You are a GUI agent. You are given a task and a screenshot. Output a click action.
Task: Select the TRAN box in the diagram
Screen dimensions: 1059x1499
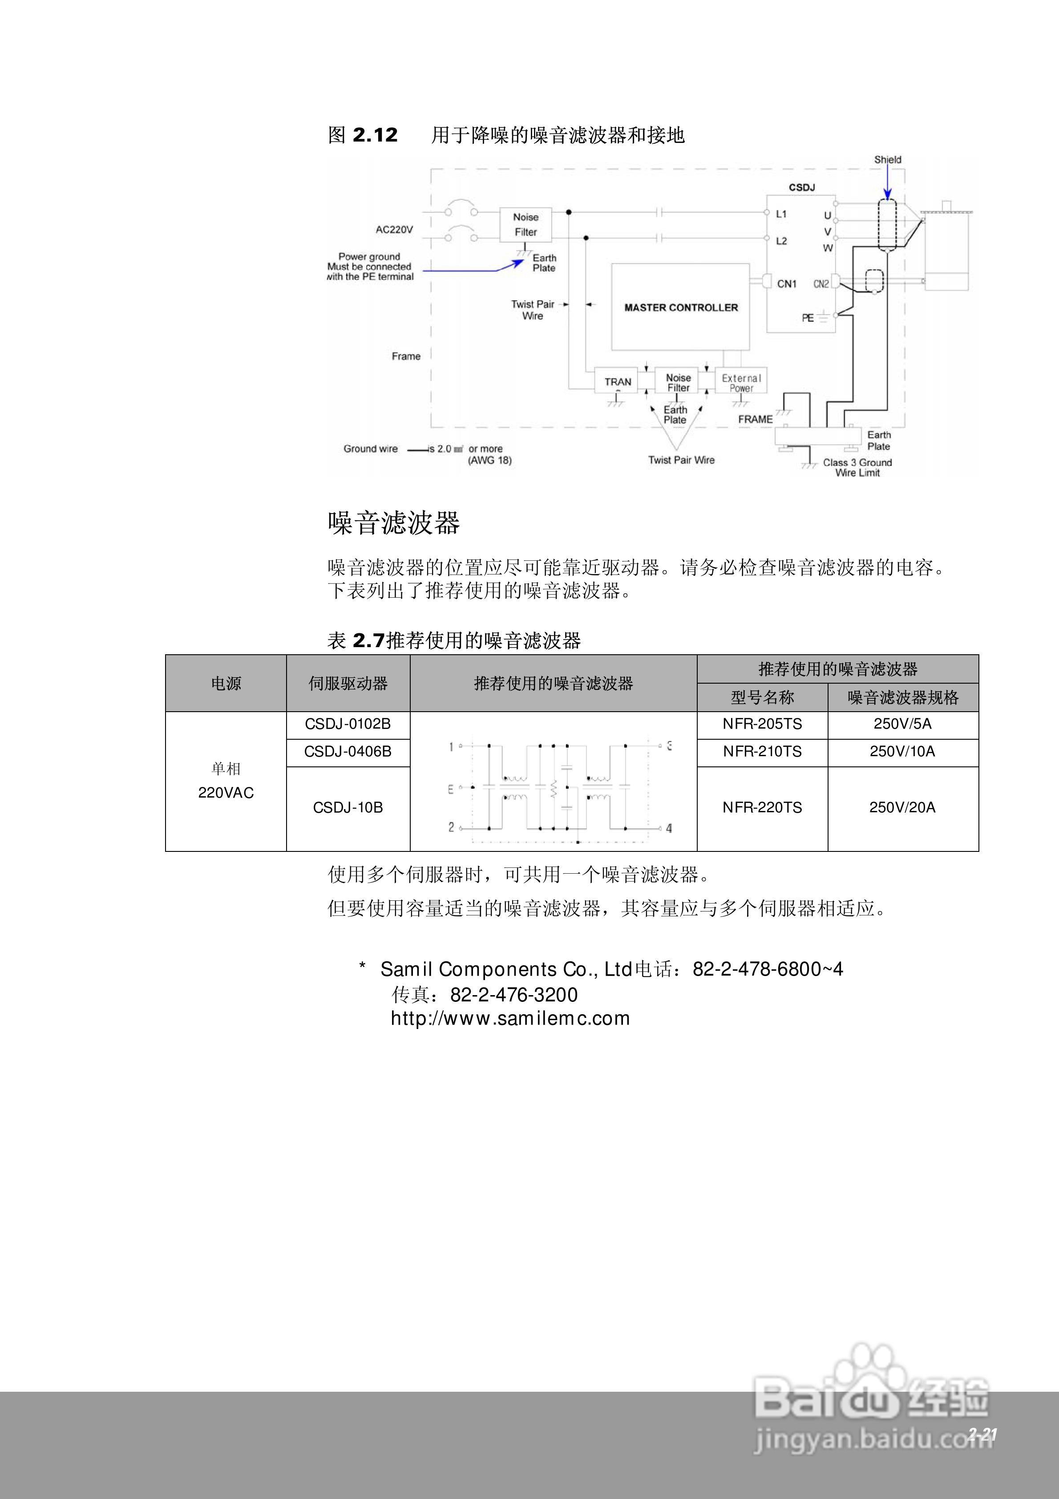[x=617, y=382]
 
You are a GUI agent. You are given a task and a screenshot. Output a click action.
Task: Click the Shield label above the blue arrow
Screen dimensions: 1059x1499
[x=887, y=159]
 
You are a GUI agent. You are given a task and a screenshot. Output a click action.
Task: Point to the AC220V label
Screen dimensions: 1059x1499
[x=394, y=230]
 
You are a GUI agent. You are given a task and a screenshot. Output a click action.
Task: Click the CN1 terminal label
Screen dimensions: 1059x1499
[x=787, y=284]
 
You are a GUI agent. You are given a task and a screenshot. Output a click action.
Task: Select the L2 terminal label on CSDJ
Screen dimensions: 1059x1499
[x=781, y=241]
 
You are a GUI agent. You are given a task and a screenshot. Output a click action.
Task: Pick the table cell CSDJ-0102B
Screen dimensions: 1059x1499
[x=348, y=724]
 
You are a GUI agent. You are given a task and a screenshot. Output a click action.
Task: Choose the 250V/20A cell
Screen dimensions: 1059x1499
[x=902, y=808]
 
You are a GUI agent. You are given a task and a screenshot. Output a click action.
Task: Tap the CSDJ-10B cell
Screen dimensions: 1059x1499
[x=348, y=808]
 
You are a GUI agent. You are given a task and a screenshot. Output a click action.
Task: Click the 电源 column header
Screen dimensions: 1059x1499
[x=226, y=684]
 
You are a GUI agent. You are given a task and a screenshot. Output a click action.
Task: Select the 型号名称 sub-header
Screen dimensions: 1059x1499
[x=762, y=698]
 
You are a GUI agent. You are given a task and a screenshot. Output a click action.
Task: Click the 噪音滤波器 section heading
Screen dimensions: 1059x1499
[x=394, y=523]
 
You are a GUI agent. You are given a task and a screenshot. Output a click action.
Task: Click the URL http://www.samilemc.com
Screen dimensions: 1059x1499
[x=510, y=1018]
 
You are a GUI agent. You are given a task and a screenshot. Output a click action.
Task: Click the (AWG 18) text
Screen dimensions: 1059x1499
[x=489, y=460]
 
